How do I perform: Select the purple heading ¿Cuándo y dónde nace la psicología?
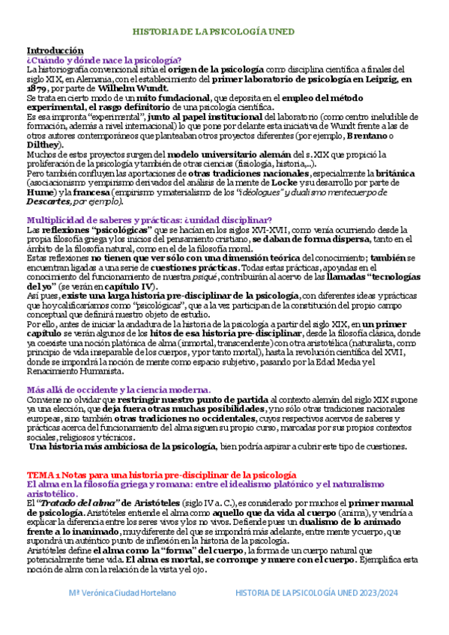tap(103, 60)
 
